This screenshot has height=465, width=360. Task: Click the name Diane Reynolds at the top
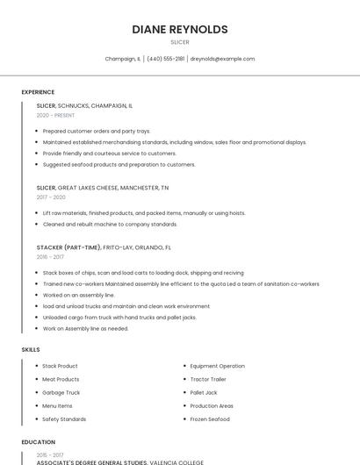click(179, 29)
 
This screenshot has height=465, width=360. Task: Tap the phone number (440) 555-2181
click(165, 59)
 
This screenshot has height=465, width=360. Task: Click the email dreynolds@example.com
click(222, 59)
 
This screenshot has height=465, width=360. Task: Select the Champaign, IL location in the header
click(123, 59)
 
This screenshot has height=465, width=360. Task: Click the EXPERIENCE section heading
click(38, 92)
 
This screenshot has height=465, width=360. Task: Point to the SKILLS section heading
click(31, 349)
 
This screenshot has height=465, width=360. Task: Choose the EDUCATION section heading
click(39, 442)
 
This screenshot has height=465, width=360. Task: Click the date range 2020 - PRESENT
click(55, 115)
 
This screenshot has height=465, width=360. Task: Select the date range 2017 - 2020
click(51, 197)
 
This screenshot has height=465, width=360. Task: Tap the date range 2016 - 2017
click(50, 257)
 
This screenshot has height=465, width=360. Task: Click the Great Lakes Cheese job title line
click(102, 188)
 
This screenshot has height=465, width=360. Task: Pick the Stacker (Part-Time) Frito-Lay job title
click(104, 247)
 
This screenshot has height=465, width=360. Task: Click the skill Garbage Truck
click(61, 392)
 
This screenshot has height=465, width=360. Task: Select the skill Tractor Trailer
click(208, 379)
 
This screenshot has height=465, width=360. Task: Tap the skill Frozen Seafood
click(210, 419)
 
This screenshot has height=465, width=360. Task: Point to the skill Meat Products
click(61, 379)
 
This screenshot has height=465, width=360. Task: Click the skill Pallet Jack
click(204, 392)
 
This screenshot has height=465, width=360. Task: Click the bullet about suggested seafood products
click(119, 164)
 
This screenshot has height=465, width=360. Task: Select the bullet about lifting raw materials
click(144, 212)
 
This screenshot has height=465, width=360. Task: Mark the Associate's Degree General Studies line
click(119, 461)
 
